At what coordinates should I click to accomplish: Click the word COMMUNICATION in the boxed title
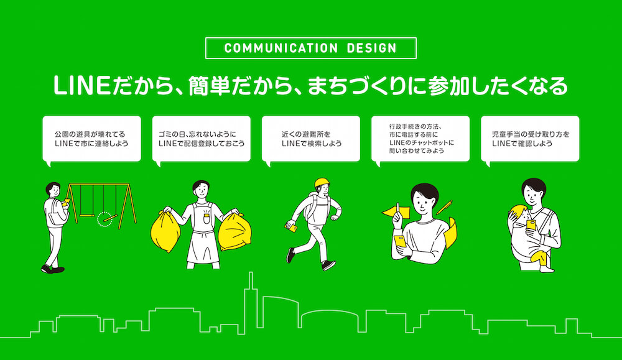click(x=281, y=48)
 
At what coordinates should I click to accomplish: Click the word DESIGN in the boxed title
click(x=372, y=48)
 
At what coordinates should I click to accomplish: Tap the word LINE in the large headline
click(x=81, y=86)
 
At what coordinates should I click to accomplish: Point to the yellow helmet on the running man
click(x=322, y=183)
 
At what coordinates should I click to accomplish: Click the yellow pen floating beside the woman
click(x=444, y=207)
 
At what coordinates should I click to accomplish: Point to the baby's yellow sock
click(x=541, y=258)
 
